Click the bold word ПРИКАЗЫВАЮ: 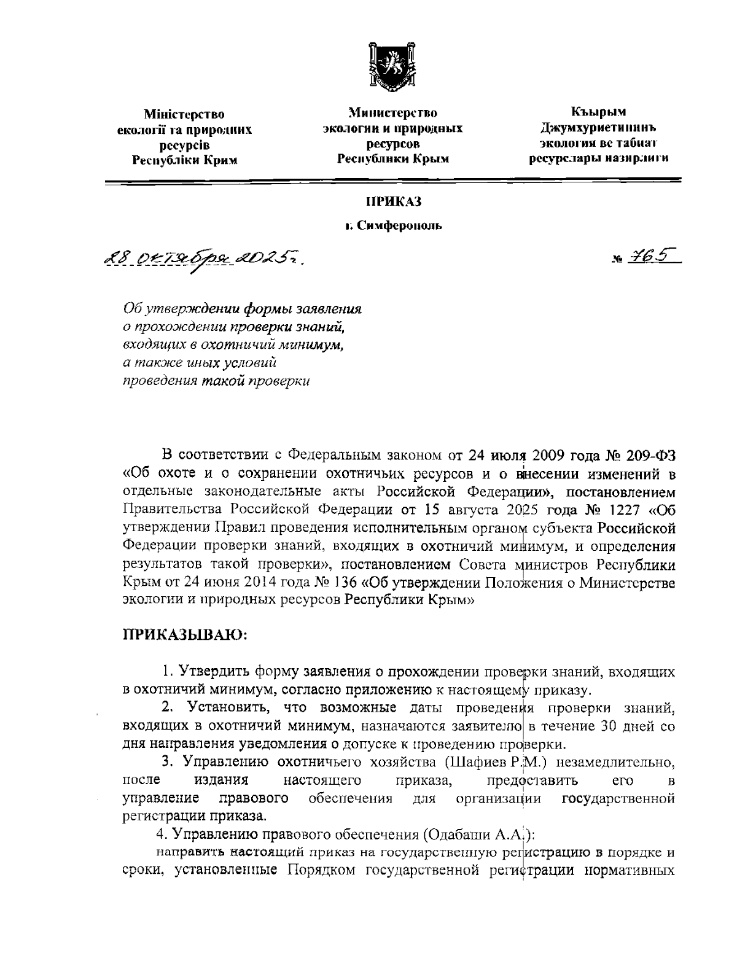coord(185,633)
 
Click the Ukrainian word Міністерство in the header coord(184,114)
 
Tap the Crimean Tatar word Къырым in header coord(598,112)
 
